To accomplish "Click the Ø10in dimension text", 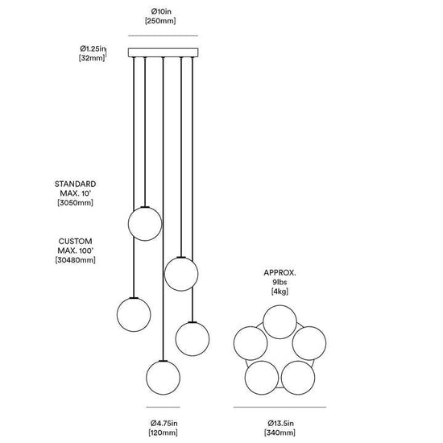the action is pos(161,11).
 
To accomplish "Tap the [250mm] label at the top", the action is pos(160,21).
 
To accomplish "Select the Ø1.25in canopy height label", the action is pos(93,48).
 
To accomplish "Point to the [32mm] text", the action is pos(92,58).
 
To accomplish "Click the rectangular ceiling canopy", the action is pos(163,52).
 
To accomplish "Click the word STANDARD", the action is pos(75,184).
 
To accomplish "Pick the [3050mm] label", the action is pos(75,202).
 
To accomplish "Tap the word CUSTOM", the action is pos(75,242).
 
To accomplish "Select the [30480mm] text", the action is pos(75,260).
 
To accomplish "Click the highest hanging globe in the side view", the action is pos(145,224).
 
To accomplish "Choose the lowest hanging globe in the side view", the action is pos(163,378).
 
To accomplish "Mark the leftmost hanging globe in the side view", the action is pos(134,314).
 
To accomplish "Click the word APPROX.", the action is pos(279,272).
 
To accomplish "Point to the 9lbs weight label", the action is pos(279,282).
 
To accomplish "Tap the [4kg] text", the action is pos(279,292).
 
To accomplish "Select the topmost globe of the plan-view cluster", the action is pos(279,322).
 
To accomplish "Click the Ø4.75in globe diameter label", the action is pos(164,423).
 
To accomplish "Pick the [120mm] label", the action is pos(164,433).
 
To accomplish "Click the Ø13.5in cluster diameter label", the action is pos(280,423).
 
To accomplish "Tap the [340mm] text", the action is pos(279,433).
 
